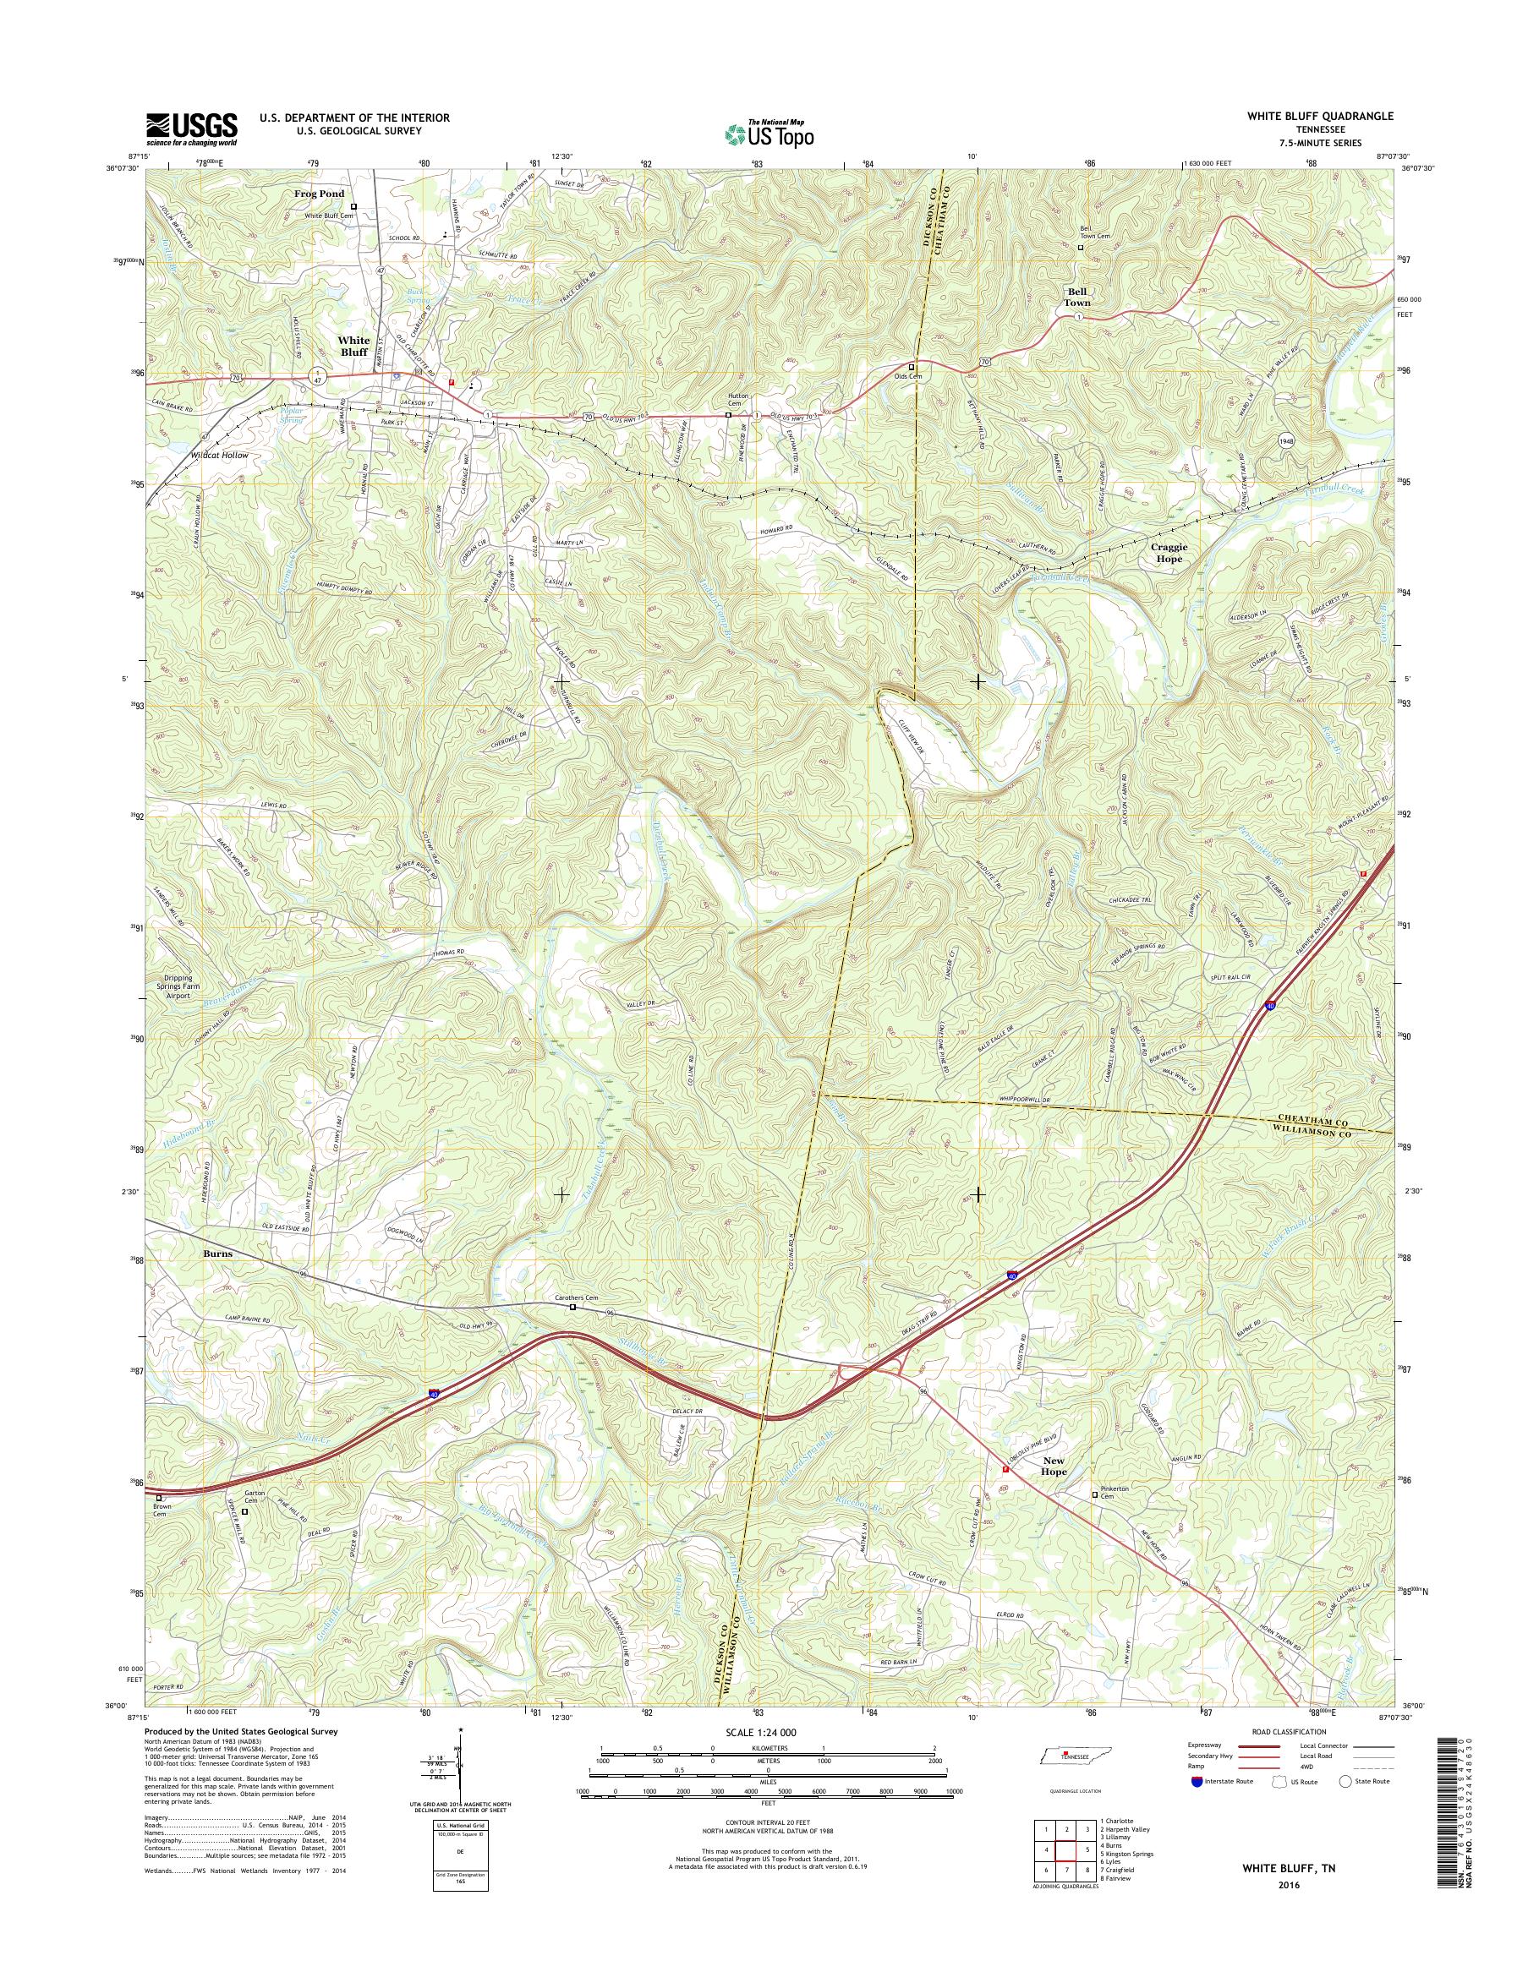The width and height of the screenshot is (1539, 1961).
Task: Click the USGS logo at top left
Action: pos(192,128)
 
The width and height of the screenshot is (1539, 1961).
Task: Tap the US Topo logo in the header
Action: pos(769,134)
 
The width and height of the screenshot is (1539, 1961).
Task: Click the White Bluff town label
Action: pos(354,346)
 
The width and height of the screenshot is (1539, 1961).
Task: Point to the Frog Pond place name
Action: pos(319,194)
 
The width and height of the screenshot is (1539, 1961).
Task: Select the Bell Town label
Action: pos(1076,298)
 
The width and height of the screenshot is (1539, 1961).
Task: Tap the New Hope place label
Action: pos(1054,1467)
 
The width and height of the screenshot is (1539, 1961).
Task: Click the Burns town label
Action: pos(217,1253)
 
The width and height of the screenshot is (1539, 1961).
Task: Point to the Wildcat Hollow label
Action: pos(219,456)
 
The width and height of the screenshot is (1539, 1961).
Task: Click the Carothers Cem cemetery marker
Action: pos(572,1307)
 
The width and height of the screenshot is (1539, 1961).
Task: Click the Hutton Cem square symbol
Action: pos(729,415)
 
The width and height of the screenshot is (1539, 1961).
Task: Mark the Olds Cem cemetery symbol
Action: pos(911,368)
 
